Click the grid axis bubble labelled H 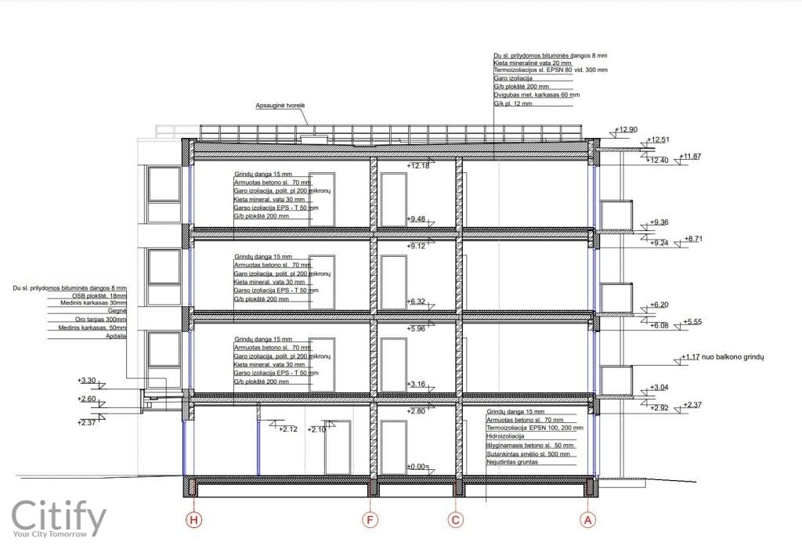(x=192, y=519)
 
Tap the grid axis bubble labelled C (x=457, y=519)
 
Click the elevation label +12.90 (x=627, y=130)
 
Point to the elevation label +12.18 (x=419, y=166)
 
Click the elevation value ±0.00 (x=416, y=467)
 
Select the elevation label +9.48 (x=416, y=219)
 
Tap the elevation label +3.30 (x=87, y=381)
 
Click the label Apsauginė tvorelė (x=280, y=105)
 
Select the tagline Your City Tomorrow (x=58, y=536)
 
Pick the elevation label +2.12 (x=289, y=429)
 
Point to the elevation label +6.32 (x=416, y=302)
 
